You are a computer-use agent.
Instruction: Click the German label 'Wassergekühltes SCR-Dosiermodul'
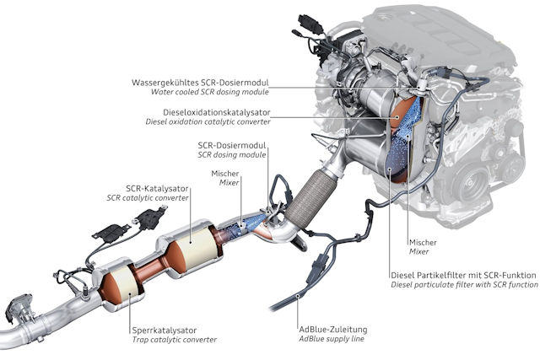[200, 83]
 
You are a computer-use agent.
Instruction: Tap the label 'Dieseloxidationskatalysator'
[217, 112]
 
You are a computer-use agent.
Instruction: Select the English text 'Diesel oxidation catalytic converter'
[208, 122]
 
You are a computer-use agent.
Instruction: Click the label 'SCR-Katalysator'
[157, 189]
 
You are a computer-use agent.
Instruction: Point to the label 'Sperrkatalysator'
[165, 330]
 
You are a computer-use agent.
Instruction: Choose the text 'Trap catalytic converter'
[175, 340]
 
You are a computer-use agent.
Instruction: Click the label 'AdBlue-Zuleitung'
[333, 330]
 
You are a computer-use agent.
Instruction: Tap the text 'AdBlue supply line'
[332, 339]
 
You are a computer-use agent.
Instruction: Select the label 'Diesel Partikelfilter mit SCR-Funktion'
[463, 276]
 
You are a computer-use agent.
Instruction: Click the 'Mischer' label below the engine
[423, 242]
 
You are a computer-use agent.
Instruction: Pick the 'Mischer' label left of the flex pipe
[225, 174]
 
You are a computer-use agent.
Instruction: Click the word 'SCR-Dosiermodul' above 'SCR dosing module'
[232, 145]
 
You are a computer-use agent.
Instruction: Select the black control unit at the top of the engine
[310, 24]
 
